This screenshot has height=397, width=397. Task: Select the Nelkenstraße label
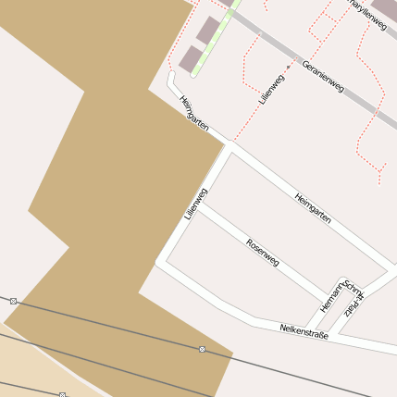[304, 329]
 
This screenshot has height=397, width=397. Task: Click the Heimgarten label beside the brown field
[194, 113]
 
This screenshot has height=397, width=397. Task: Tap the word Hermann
[329, 295]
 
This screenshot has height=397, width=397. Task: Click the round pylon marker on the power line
[202, 349]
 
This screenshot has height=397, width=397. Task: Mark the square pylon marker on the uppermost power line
[14, 301]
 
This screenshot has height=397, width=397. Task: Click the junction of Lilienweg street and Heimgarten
[227, 146]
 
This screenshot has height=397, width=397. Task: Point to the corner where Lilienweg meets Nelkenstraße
[159, 263]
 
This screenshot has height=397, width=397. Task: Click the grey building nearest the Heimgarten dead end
[190, 60]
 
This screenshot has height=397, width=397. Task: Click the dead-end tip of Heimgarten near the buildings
[170, 75]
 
